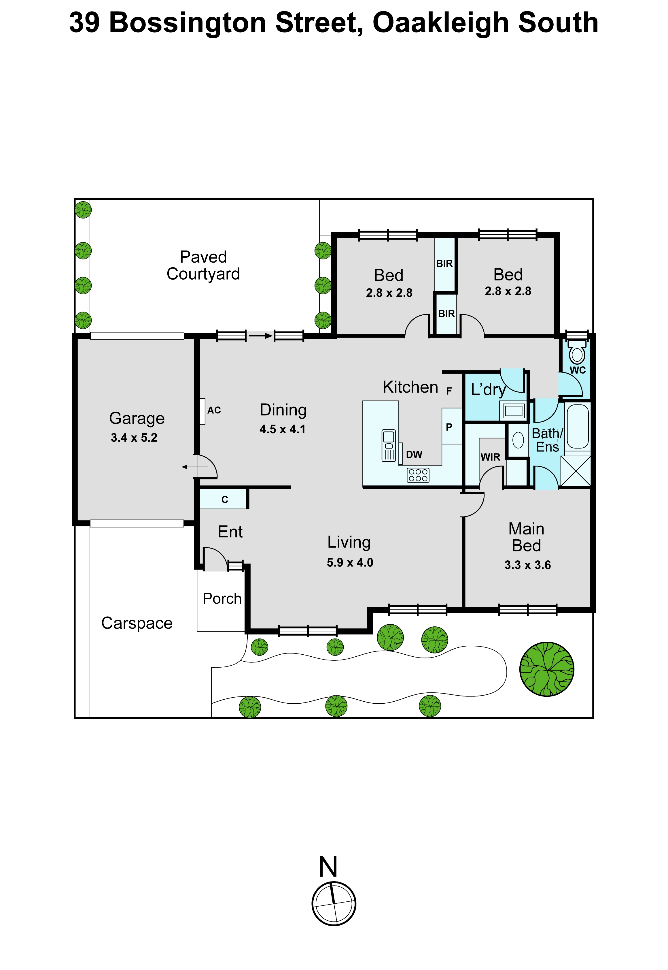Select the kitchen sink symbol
pos(388,446)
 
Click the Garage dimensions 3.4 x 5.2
pos(134,438)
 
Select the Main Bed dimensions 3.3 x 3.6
pos(527,565)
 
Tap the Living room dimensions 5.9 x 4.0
pos(350,562)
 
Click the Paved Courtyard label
pos(203,265)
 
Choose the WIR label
pos(490,457)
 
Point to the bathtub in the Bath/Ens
pos(578,426)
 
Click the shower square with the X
pos(576,471)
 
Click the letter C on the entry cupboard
pos(225,499)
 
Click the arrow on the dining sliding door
pos(260,336)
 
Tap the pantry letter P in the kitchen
pos(449,427)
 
